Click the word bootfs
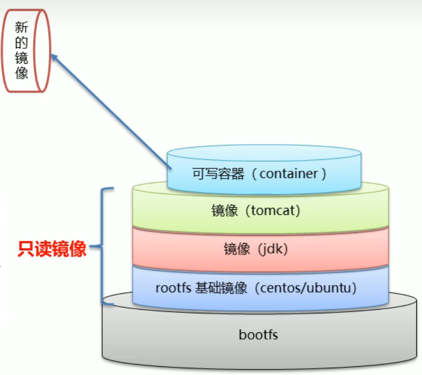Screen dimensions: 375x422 coord(258,335)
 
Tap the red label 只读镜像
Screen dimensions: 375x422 coord(52,249)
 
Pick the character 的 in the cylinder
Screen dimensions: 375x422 coord(22,43)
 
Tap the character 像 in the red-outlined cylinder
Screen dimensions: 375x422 coord(22,73)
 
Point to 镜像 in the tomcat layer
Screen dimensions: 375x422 coord(225,211)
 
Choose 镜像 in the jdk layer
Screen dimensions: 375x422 coord(237,249)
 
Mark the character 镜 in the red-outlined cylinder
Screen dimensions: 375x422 coord(22,58)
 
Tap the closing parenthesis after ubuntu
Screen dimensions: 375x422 coord(355,288)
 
